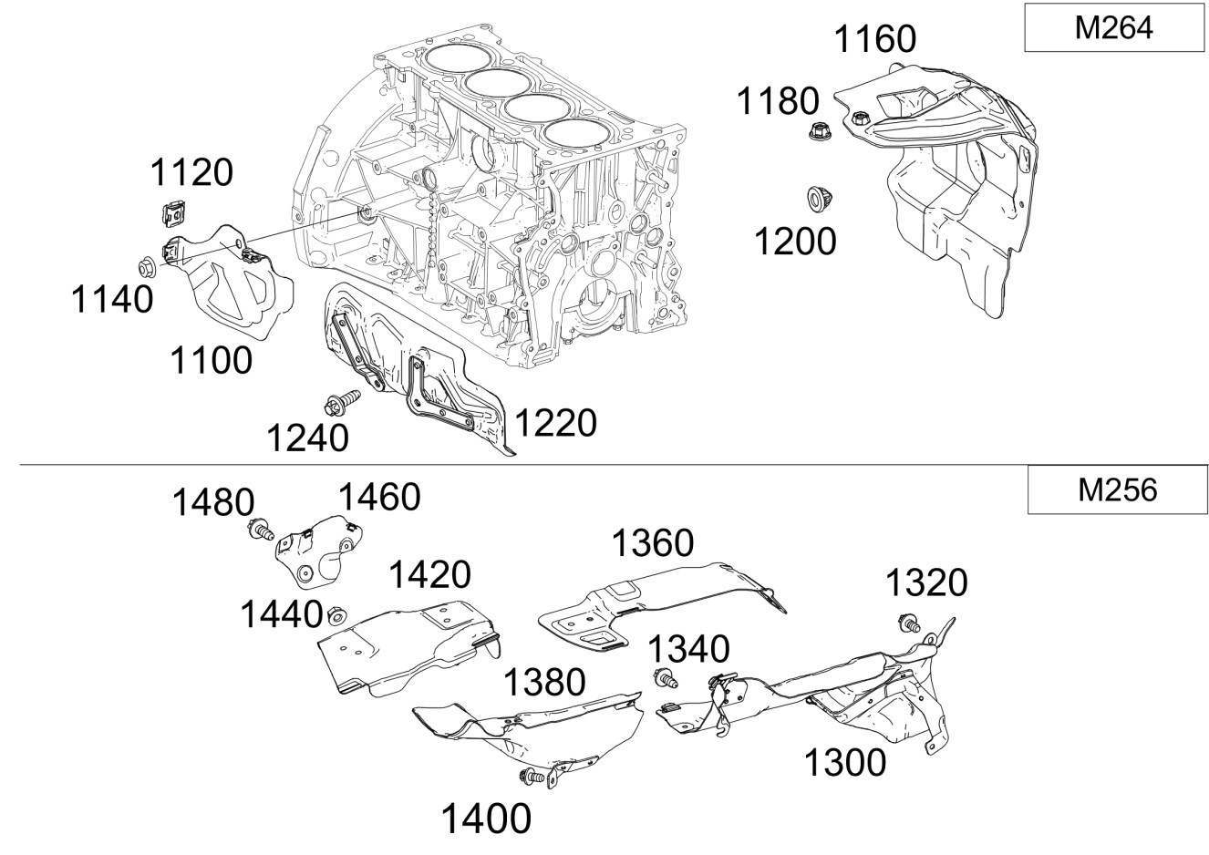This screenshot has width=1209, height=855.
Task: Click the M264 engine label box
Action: (1113, 27)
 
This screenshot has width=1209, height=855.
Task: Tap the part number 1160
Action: (875, 39)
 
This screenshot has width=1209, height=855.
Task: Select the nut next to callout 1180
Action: (817, 132)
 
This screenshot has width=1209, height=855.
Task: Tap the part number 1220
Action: (555, 423)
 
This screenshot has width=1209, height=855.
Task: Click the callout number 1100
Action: (211, 361)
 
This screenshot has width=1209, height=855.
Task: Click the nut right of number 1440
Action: (336, 616)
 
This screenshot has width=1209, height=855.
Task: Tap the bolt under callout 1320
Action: (908, 623)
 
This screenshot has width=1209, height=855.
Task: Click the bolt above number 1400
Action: (531, 777)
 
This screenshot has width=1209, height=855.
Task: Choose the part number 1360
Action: (652, 543)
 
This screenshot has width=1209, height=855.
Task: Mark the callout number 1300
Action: (844, 762)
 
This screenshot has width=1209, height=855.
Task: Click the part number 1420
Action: (429, 575)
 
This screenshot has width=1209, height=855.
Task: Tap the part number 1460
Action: (379, 498)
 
